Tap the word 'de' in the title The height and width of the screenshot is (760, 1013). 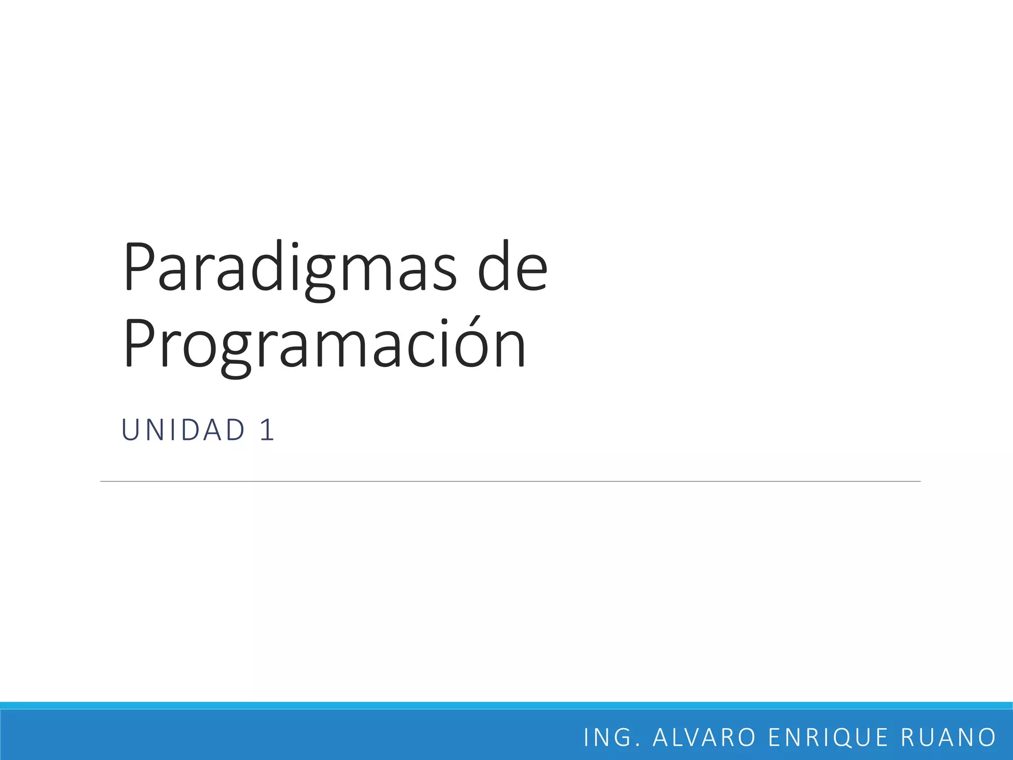pyautogui.click(x=513, y=267)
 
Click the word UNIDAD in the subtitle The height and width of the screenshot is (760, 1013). pyautogui.click(x=184, y=429)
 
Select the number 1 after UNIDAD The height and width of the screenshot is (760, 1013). pyautogui.click(x=267, y=429)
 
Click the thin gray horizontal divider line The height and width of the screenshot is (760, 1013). pyautogui.click(x=509, y=481)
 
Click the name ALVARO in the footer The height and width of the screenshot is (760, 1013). pyautogui.click(x=704, y=737)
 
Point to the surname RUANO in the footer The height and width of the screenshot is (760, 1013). pyautogui.click(x=948, y=737)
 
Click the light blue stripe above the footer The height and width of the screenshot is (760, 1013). pyautogui.click(x=506, y=705)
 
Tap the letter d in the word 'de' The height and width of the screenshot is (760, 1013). pyautogui.click(x=495, y=267)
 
